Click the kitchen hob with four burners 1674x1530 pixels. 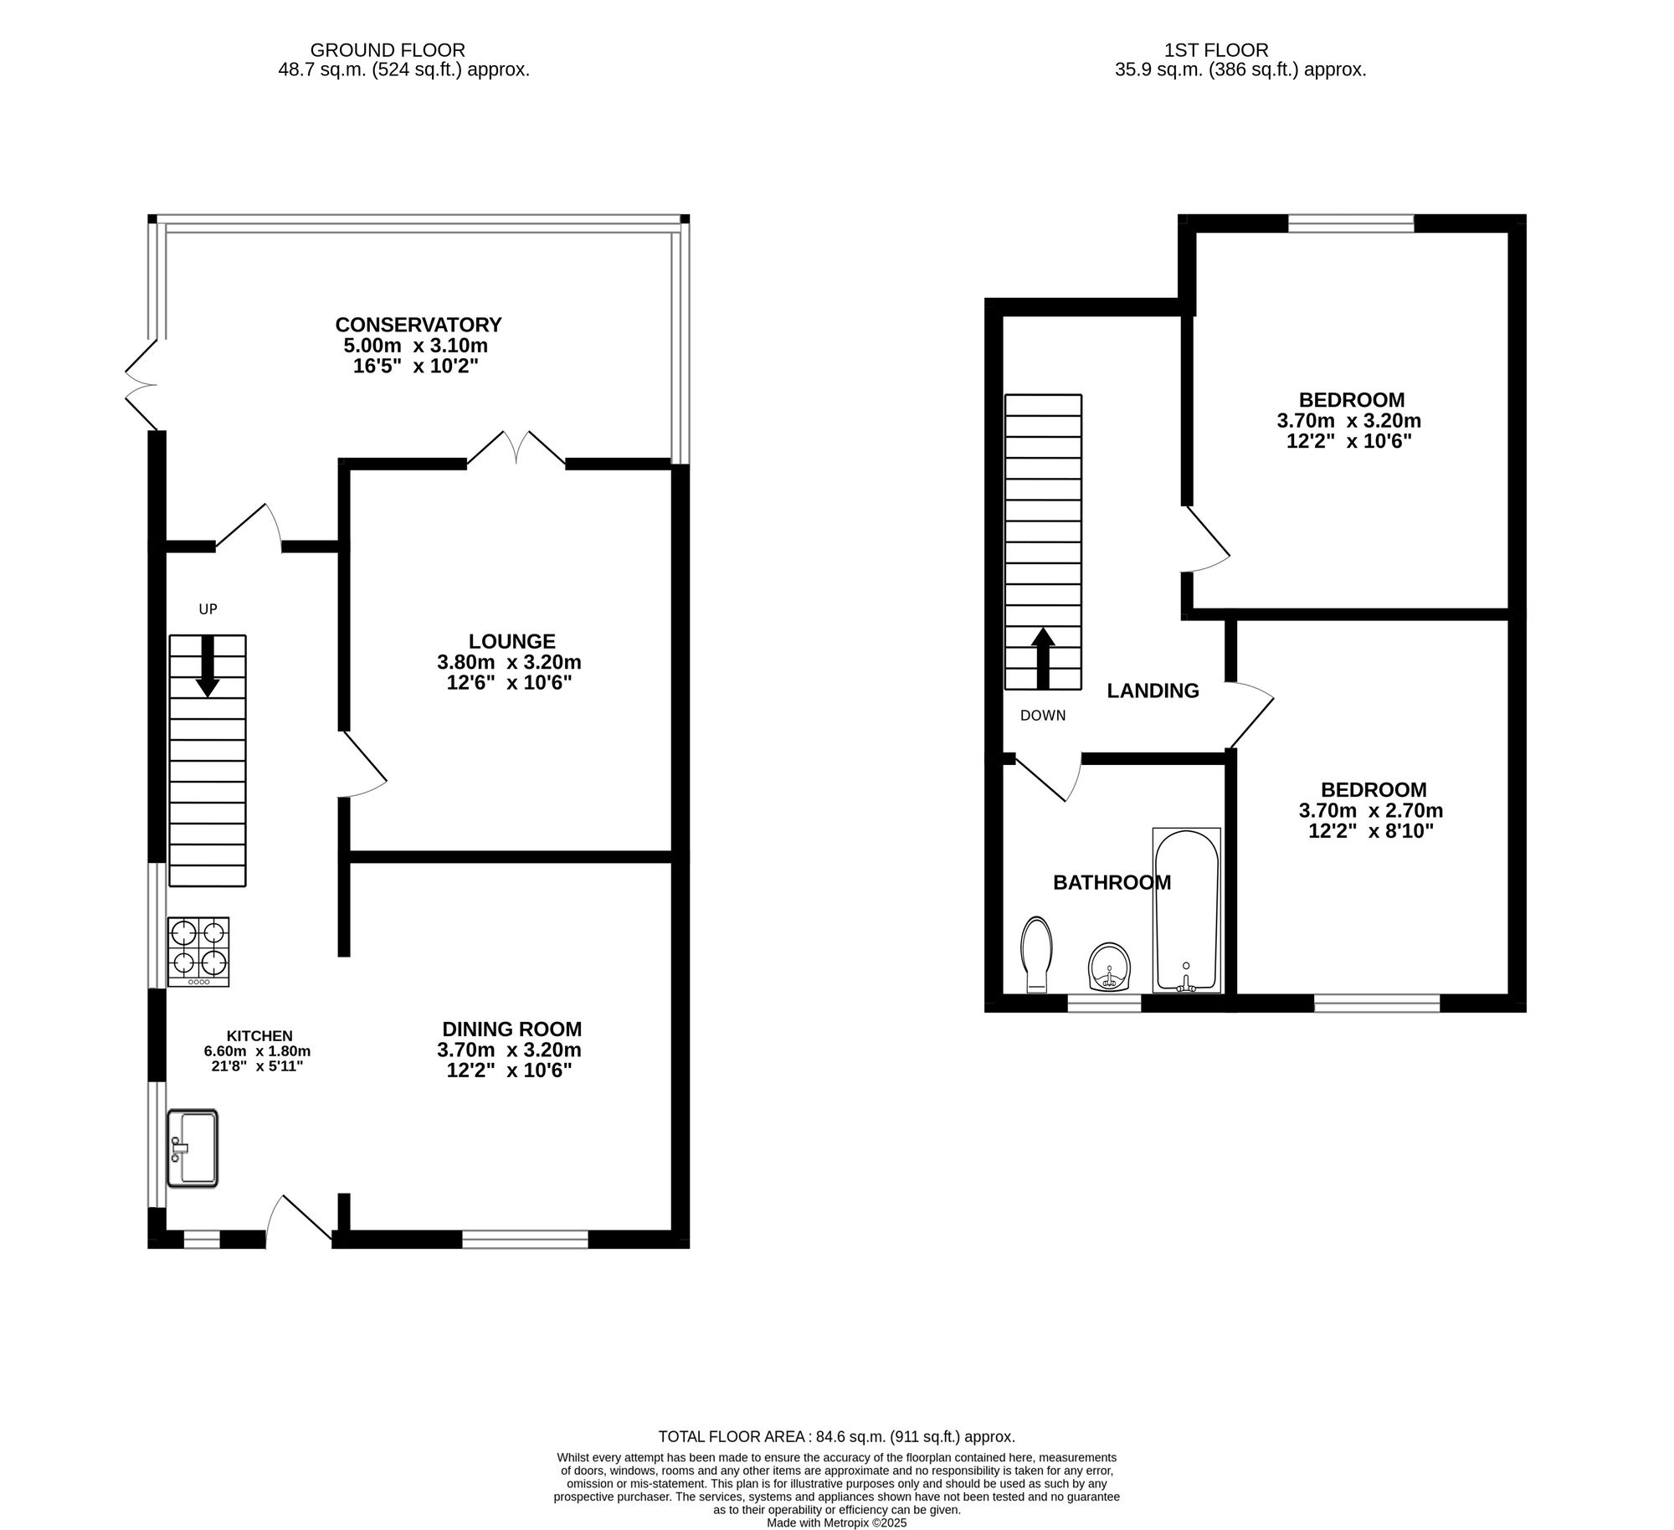198,952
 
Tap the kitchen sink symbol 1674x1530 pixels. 193,1147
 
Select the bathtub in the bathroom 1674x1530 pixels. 1186,911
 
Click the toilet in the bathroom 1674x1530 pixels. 1036,954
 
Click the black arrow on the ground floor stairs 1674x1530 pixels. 208,666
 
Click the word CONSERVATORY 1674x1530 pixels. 418,325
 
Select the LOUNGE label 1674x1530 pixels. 511,641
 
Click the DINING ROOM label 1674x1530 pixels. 511,1029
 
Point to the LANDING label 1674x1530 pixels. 1153,691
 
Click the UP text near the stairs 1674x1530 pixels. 208,609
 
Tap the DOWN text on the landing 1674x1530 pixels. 1043,716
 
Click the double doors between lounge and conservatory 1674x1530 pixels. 516,449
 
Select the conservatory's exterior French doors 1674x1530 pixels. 141,384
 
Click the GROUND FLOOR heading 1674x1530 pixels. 388,50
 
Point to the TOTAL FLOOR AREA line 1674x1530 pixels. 836,1436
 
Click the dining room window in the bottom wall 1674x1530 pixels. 525,1239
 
